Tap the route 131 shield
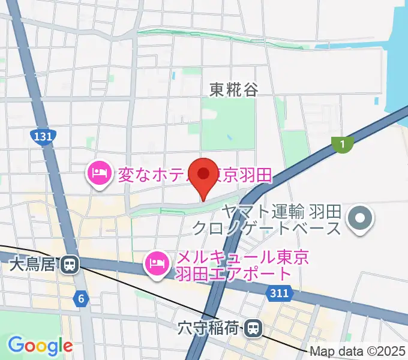click(x=43, y=137)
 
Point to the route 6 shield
click(x=81, y=298)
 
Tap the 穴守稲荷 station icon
click(x=254, y=328)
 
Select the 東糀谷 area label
click(x=234, y=90)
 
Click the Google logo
click(x=40, y=346)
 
